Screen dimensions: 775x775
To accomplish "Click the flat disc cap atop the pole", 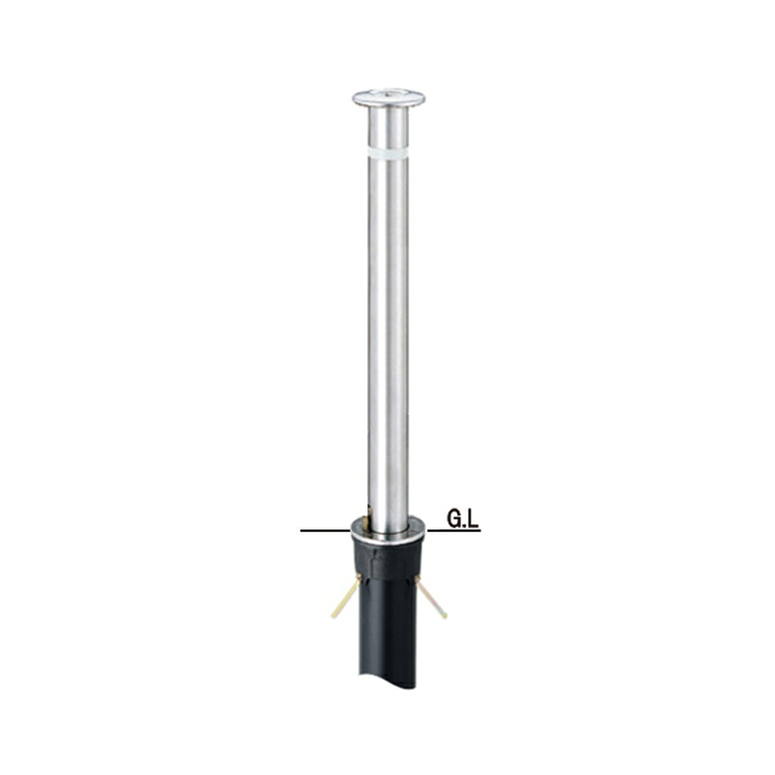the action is [x=388, y=98].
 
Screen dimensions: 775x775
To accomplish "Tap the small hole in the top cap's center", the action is [x=388, y=92].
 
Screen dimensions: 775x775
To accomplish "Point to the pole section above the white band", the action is [x=388, y=126].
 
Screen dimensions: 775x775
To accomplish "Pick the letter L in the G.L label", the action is [x=474, y=519].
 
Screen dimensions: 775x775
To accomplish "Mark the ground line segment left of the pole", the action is [x=325, y=531].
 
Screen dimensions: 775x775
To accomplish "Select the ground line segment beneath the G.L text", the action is [x=453, y=531].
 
